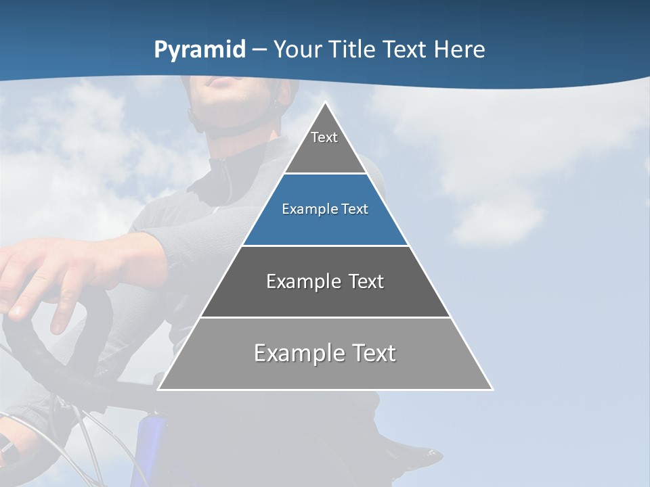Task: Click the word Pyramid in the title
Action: click(x=200, y=50)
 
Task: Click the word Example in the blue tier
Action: click(x=303, y=209)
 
